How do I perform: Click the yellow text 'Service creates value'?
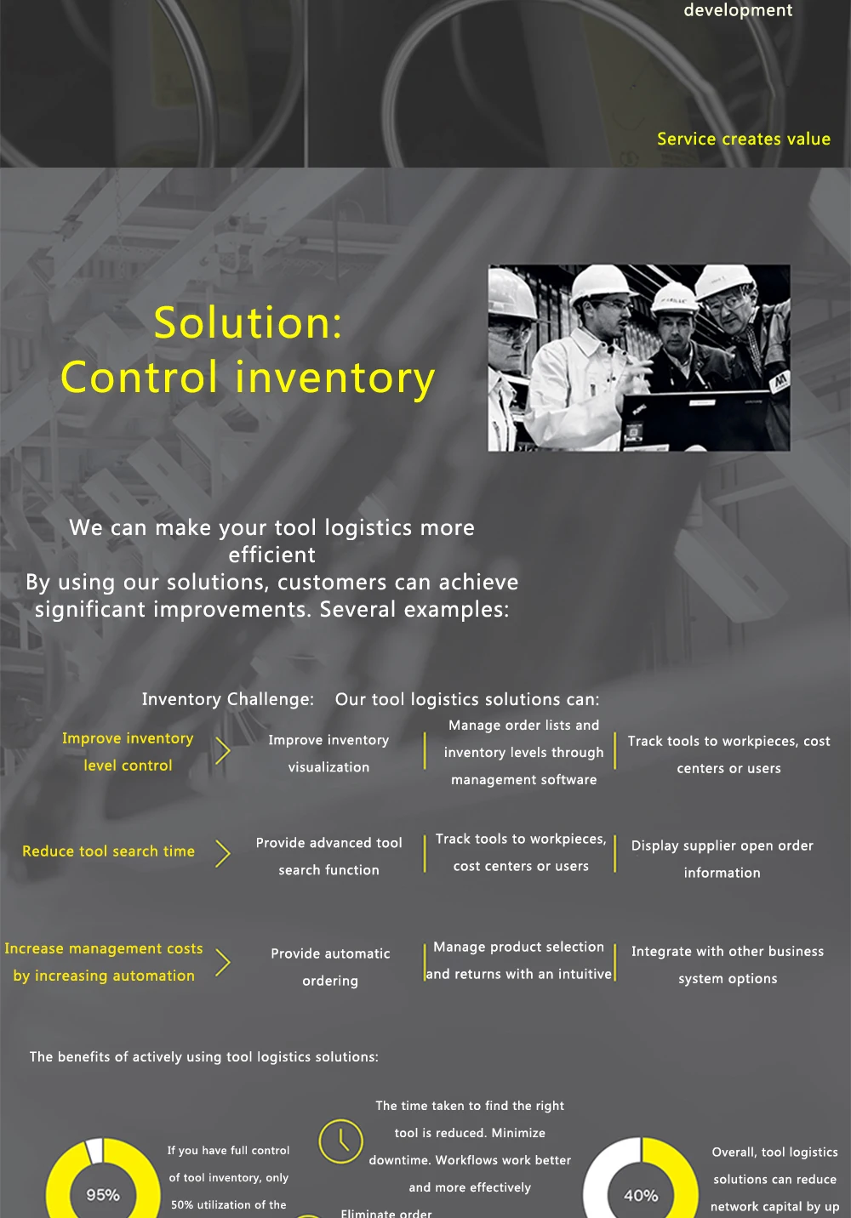coord(743,139)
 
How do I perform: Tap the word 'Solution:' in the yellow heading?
coord(248,323)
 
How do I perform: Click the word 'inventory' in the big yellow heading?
coord(335,378)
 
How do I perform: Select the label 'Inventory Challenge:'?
coord(227,699)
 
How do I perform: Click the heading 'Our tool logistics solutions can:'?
coord(467,699)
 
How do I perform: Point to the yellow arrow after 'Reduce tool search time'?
coord(223,853)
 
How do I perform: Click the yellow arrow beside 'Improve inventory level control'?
coord(223,751)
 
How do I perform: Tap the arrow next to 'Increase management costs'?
coord(223,963)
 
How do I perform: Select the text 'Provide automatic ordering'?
coord(330,967)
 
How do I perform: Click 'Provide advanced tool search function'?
coord(328,857)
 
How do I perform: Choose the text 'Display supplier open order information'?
coord(722,859)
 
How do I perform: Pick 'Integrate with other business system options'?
coord(728,965)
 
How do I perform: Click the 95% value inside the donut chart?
coord(103,1195)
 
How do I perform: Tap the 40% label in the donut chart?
coord(641,1195)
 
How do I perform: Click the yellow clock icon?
coord(340,1141)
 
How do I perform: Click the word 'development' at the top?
coord(738,10)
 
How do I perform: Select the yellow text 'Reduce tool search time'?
coord(108,851)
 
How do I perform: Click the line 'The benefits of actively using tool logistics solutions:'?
coord(204,1056)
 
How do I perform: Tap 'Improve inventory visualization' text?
coord(328,754)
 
